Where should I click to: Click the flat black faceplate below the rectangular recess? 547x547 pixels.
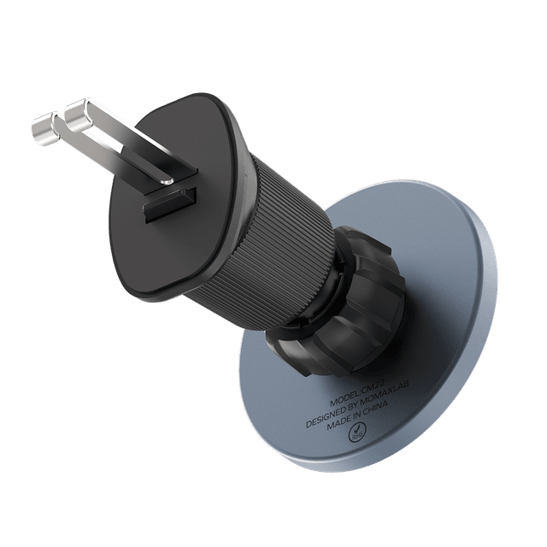tap(171, 256)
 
